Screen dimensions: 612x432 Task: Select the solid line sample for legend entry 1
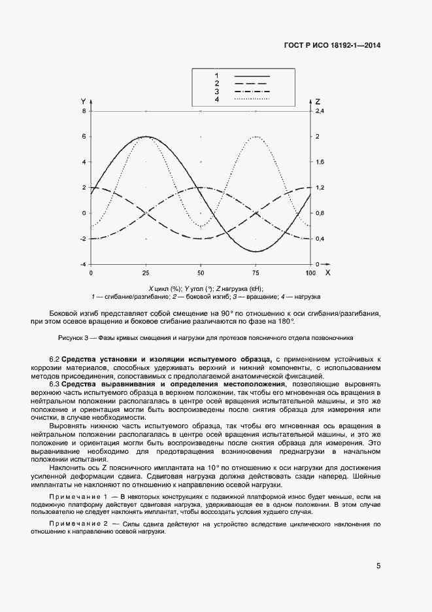coord(252,76)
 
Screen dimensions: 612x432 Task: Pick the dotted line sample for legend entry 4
coord(252,99)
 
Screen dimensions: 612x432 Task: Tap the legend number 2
coord(216,84)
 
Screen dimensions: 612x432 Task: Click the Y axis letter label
coord(83,101)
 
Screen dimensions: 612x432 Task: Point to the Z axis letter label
coord(318,101)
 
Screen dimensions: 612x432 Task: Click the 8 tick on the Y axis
coord(84,111)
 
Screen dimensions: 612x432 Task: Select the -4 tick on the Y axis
coord(82,264)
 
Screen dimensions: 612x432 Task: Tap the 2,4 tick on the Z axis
coord(320,111)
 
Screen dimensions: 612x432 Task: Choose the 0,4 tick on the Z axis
coord(320,239)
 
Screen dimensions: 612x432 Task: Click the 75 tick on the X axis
coord(256,272)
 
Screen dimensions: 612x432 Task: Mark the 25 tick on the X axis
coord(146,272)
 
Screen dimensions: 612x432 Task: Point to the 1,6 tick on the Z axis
coord(320,162)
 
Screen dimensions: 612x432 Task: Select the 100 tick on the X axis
coord(310,272)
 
